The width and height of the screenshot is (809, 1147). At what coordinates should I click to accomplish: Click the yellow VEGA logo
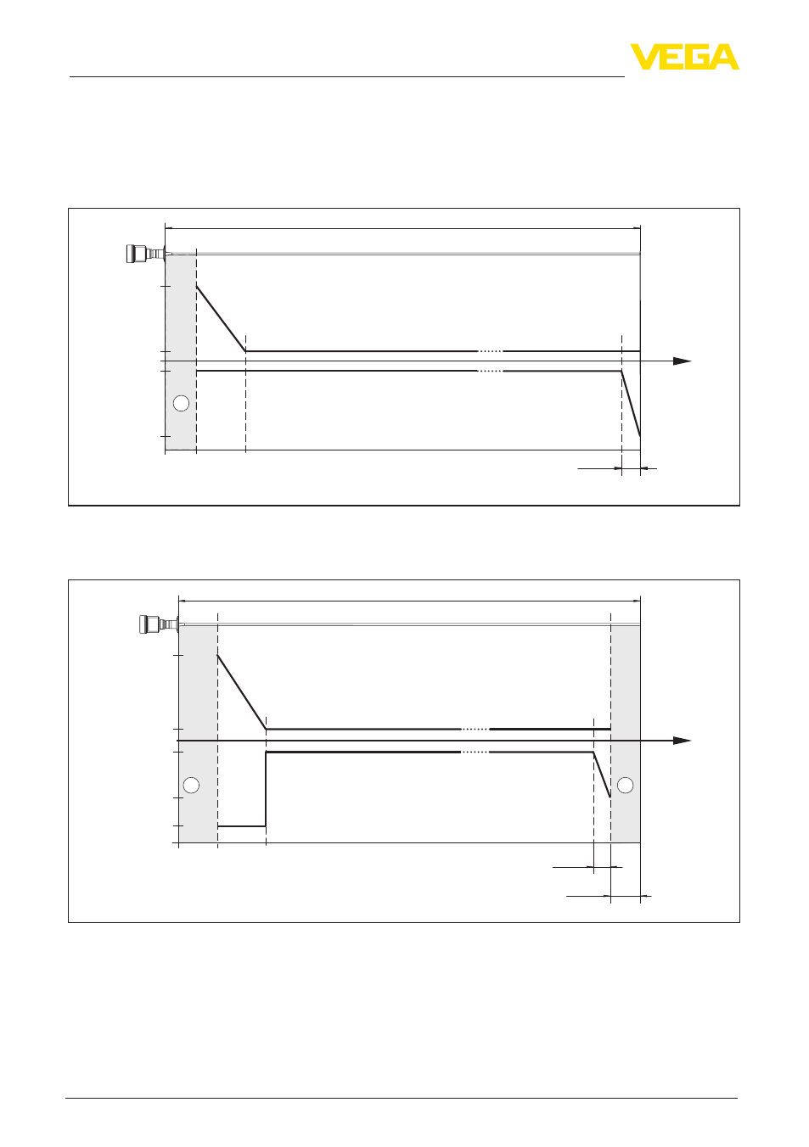pos(684,57)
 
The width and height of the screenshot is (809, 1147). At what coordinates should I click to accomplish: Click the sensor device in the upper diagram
pos(145,254)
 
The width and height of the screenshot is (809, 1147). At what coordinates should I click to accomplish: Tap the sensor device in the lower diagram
pos(159,624)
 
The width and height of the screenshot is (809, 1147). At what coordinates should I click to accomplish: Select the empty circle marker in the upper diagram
pos(182,404)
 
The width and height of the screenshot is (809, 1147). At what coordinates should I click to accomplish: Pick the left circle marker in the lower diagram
pos(191,785)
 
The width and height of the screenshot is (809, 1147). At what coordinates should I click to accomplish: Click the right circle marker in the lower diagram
pos(625,785)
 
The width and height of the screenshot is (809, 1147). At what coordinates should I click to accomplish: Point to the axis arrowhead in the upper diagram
pos(683,361)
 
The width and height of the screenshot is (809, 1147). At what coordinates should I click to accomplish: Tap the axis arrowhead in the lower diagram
pos(683,741)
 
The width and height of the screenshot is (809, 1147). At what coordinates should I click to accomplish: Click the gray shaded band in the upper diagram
pos(181,352)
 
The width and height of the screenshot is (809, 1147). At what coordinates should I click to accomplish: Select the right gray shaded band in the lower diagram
pos(626,734)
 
